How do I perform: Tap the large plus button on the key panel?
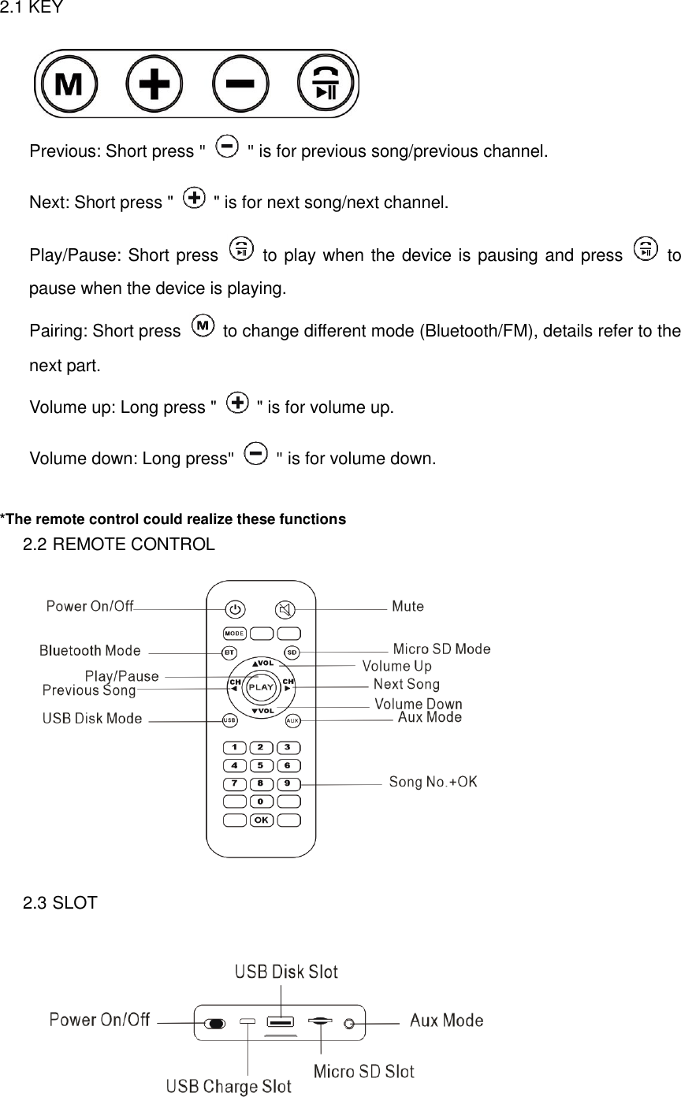click(x=154, y=84)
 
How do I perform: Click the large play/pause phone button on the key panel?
click(x=325, y=84)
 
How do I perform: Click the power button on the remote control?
click(x=235, y=609)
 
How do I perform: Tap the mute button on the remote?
click(x=285, y=609)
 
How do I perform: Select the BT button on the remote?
click(x=229, y=653)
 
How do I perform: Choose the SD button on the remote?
click(x=292, y=653)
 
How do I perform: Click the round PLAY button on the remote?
click(x=261, y=686)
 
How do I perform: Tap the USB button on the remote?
click(x=229, y=720)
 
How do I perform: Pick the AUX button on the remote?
click(x=292, y=720)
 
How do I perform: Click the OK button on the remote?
click(x=262, y=820)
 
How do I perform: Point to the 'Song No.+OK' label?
click(x=433, y=782)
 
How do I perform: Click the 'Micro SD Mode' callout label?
click(x=441, y=649)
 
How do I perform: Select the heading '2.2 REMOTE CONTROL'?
click(x=118, y=545)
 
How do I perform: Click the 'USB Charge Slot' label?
click(x=229, y=1087)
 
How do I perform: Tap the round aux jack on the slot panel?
click(x=349, y=1023)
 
